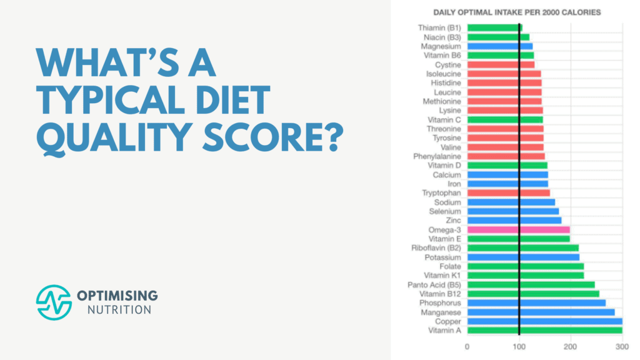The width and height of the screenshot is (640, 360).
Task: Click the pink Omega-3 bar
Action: tap(518, 229)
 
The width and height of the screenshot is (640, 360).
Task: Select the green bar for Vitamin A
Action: tap(544, 330)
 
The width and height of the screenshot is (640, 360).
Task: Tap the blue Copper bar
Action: tap(544, 321)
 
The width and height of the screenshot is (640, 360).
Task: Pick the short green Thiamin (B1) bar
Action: tap(494, 27)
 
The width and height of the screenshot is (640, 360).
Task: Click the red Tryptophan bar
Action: tap(508, 193)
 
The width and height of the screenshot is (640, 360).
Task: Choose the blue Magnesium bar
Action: tap(499, 46)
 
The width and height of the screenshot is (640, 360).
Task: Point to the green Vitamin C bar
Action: tap(504, 119)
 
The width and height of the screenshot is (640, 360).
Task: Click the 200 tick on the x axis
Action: tap(571, 346)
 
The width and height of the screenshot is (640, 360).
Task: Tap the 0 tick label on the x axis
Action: tap(467, 346)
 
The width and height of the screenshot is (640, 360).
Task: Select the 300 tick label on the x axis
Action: tap(622, 346)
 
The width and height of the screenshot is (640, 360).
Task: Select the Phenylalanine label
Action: tap(437, 156)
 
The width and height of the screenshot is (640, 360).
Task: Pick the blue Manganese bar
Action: tap(541, 312)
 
